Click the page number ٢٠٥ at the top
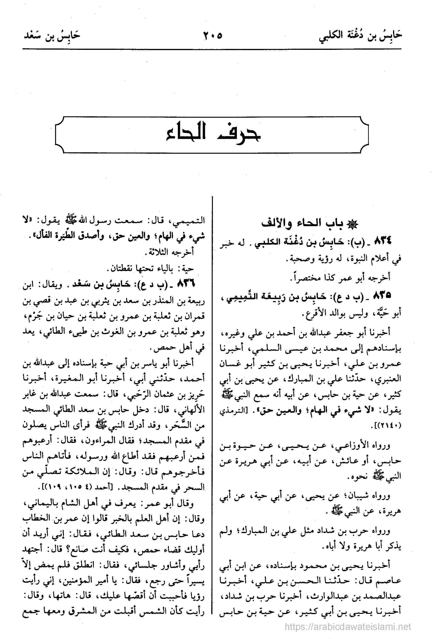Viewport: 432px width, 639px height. click(x=212, y=36)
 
